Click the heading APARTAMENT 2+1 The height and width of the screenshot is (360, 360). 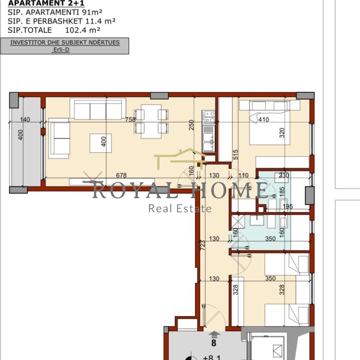tap(46, 3)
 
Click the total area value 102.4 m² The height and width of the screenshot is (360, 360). tap(83, 30)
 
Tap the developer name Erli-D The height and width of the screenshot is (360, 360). tap(61, 49)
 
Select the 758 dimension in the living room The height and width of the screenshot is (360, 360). tap(131, 120)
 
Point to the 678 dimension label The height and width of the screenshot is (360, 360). tap(121, 175)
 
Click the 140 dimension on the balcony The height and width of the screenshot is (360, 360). tap(25, 120)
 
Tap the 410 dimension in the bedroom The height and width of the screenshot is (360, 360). tap(264, 120)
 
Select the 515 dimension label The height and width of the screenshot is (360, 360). tap(235, 155)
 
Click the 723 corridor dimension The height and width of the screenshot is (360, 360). tap(203, 245)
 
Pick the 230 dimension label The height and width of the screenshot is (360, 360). tap(284, 175)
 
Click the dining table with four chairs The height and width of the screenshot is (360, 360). tap(151, 121)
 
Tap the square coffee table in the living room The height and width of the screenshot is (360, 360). tap(101, 143)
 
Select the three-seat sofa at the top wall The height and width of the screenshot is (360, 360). tap(98, 108)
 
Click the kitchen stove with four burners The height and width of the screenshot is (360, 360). tap(209, 117)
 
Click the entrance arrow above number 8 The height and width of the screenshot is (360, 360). tap(214, 335)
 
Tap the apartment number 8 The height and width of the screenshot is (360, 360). tap(214, 343)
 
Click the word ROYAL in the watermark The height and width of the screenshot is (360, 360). tap(135, 190)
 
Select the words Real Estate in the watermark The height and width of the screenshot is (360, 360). tap(180, 209)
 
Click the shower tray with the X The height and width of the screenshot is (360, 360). tap(238, 222)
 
